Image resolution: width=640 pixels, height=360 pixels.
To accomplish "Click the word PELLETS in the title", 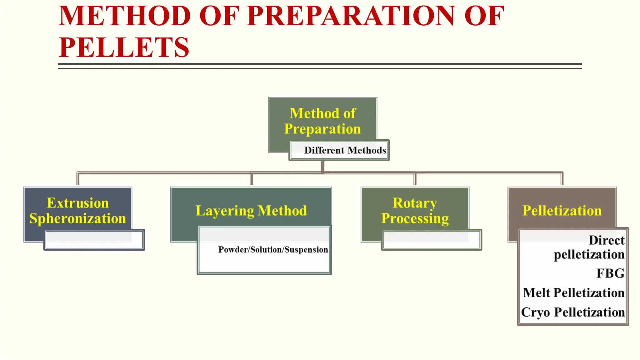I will click(124, 47).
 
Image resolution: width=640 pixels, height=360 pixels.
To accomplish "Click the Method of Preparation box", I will click(322, 121).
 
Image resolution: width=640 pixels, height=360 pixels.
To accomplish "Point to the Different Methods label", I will click(345, 150).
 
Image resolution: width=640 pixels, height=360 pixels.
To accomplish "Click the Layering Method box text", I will click(251, 211).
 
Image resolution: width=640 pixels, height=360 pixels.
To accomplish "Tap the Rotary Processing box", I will click(415, 210).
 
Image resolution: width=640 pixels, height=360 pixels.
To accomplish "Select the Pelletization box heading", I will click(562, 211).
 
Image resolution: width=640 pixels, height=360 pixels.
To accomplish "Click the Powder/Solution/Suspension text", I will click(273, 250).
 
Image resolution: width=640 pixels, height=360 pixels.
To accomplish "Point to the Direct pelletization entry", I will click(589, 247).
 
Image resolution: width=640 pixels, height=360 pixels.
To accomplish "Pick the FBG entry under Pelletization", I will click(610, 273).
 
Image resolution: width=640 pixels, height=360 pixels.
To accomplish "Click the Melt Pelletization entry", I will click(574, 293).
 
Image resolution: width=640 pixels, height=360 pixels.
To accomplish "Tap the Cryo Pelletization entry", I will click(573, 312).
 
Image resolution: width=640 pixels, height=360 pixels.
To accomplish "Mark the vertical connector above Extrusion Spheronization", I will click(78, 179).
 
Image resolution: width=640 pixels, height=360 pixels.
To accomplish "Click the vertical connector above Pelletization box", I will click(562, 179).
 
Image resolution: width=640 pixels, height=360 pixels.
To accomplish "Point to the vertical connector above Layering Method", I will click(251, 179).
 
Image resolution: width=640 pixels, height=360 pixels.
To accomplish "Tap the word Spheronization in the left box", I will click(78, 218).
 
